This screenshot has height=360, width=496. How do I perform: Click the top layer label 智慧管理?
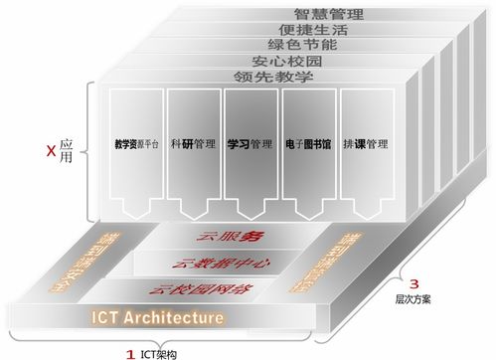(328, 13)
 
